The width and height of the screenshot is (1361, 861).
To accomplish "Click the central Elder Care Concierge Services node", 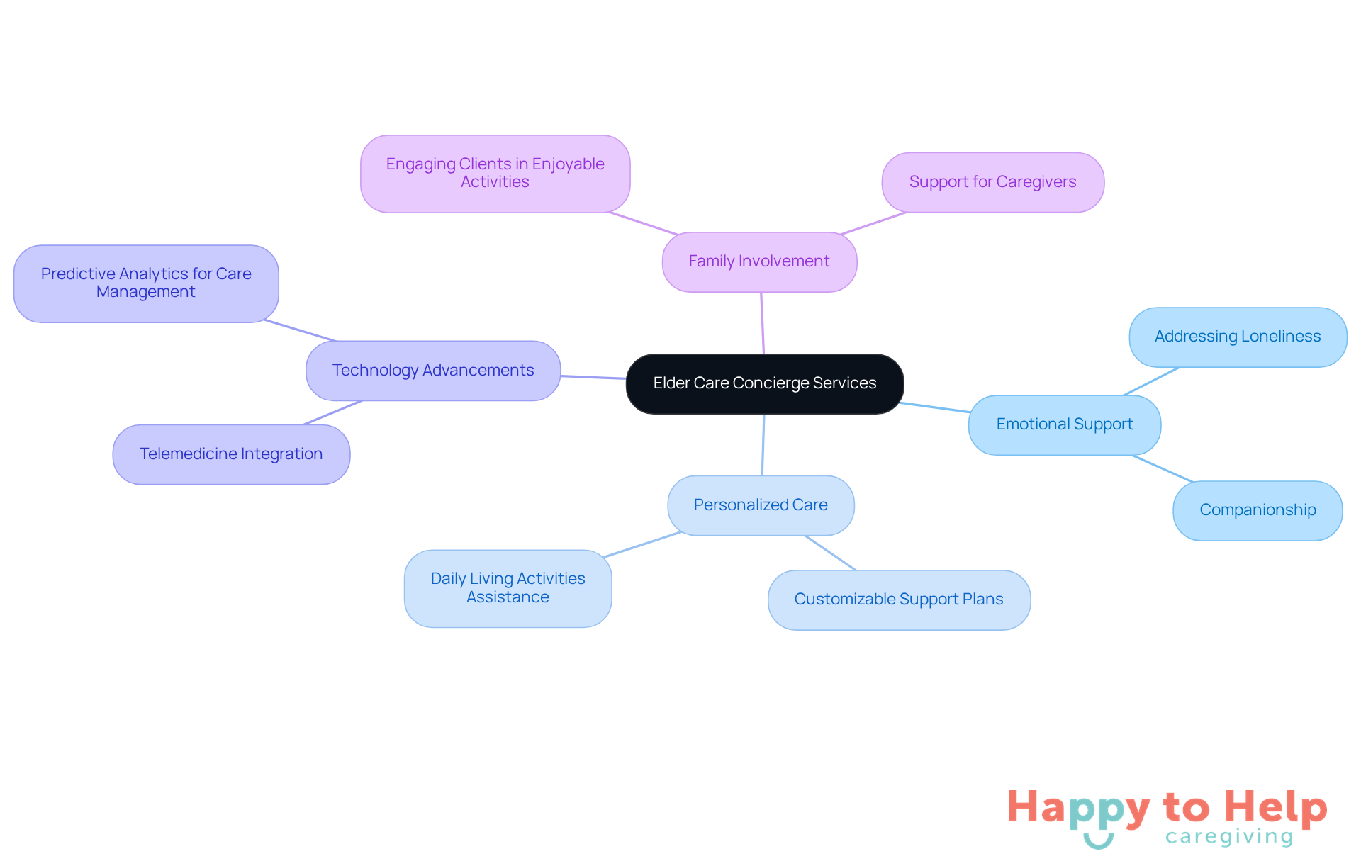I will click(x=764, y=383).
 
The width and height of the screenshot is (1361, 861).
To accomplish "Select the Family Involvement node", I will click(x=759, y=261).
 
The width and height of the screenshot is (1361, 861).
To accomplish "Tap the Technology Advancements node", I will click(x=433, y=371).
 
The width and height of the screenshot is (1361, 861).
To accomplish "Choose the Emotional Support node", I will click(x=1064, y=424).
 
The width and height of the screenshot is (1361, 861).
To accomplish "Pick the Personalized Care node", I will click(x=761, y=505).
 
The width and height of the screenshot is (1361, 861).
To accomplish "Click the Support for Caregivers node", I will click(x=992, y=182).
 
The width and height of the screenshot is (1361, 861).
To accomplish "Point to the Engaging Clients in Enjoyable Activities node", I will click(x=495, y=174).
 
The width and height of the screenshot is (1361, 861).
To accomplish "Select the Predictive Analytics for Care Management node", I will click(x=146, y=283).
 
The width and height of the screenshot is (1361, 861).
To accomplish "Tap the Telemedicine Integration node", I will click(x=231, y=454).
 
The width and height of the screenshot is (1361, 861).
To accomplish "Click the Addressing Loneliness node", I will click(x=1238, y=337).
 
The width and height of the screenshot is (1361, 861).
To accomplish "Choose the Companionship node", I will click(x=1258, y=510).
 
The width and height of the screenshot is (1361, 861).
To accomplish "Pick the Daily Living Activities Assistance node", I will click(x=508, y=588).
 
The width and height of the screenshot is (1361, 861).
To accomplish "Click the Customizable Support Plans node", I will click(x=899, y=600).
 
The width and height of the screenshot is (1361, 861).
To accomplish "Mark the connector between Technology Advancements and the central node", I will click(x=593, y=377).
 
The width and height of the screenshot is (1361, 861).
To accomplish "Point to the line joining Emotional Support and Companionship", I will click(x=1163, y=468).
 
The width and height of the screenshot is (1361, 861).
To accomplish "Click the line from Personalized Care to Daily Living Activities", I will click(x=642, y=544).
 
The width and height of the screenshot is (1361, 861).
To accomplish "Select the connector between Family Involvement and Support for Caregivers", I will click(x=873, y=223).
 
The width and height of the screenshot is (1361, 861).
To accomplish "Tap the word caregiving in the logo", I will click(x=1229, y=837).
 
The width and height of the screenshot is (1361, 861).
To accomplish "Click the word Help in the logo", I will click(x=1275, y=807).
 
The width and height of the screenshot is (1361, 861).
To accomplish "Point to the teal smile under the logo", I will click(x=1098, y=842).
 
